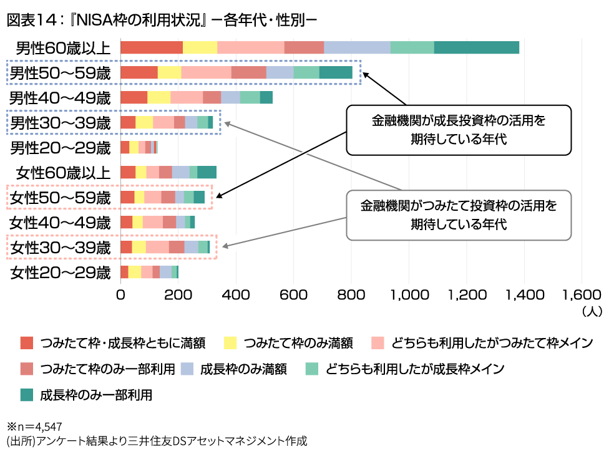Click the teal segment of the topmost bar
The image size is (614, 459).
coord(477,47)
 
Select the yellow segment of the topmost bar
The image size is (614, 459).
coord(200,47)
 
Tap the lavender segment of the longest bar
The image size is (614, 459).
coord(357,47)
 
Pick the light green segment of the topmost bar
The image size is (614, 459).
coord(412,47)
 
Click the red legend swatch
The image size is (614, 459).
coord(26,342)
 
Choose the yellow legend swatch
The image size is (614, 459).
coord(230,342)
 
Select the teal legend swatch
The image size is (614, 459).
coord(26,395)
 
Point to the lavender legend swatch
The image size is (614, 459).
coord(187,369)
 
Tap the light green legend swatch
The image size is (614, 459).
coord(311,369)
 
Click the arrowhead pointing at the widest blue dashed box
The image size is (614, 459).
coord(372,79)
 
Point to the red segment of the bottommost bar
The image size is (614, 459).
coord(124,272)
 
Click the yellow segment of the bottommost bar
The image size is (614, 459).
coord(134,272)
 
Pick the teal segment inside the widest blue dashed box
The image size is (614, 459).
coord(336,72)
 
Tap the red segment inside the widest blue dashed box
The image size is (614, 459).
coord(139,72)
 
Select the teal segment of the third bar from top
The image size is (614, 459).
coord(266,97)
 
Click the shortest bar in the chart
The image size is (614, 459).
coord(139,147)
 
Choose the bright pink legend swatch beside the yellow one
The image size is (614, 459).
coord(378,342)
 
